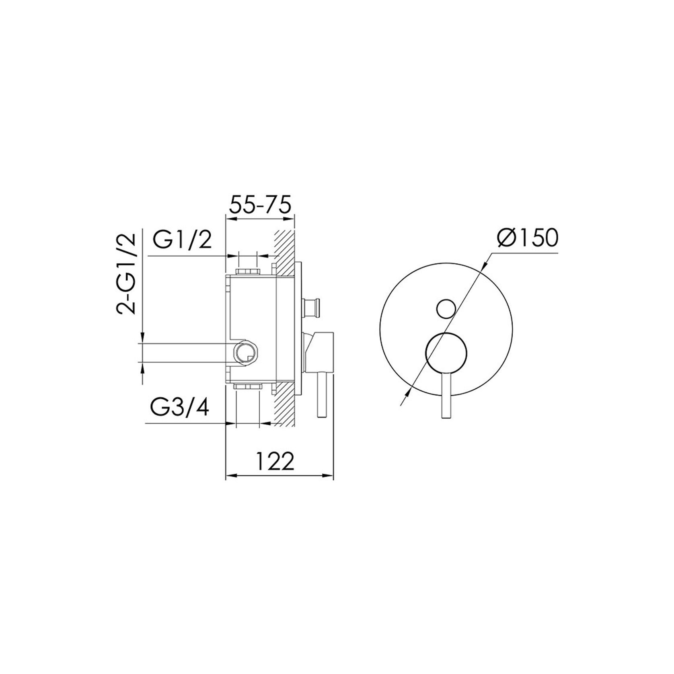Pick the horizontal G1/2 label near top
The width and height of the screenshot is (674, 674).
[182, 241]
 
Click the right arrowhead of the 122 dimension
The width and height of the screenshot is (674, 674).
[331, 477]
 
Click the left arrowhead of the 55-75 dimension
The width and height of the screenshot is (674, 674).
[230, 219]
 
